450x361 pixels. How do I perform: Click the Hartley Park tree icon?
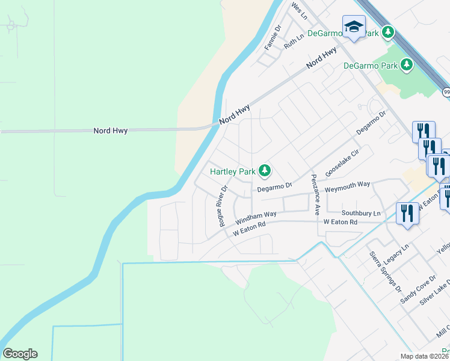[264, 171]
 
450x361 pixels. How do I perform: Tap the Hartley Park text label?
[232, 171]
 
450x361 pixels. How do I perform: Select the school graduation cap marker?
[354, 27]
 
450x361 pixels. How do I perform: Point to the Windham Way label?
[256, 217]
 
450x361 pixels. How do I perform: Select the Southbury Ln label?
[362, 214]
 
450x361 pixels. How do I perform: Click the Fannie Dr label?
[273, 37]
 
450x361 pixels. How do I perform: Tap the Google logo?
[20, 354]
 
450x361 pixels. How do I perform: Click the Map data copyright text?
[424, 356]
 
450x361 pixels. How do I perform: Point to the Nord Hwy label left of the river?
[111, 131]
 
